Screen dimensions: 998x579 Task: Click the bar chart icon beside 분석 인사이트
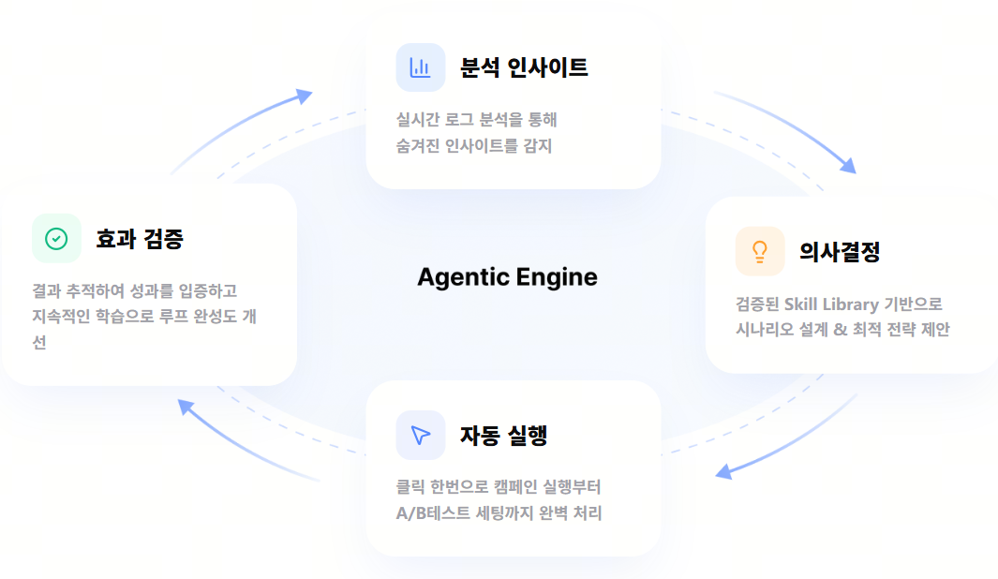[420, 67]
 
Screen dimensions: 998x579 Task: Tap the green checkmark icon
[56, 239]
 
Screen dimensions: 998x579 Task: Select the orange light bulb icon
[760, 251]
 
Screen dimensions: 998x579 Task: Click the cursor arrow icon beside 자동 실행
[420, 436]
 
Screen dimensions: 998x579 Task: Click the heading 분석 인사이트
[524, 67]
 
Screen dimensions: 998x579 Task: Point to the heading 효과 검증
[140, 239]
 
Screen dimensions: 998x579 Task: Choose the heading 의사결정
[840, 252]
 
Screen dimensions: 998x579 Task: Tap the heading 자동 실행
[503, 436]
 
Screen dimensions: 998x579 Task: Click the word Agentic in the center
[463, 277]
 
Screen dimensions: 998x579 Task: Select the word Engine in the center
[557, 277]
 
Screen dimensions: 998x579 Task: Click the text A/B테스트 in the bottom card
[433, 512]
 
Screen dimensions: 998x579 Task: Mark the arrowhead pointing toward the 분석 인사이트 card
[305, 96]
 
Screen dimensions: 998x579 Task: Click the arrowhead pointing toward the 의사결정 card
[848, 166]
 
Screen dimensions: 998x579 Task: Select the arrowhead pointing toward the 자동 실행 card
[723, 471]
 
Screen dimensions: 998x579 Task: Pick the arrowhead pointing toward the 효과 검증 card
[186, 408]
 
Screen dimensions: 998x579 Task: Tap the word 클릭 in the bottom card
[410, 487]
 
